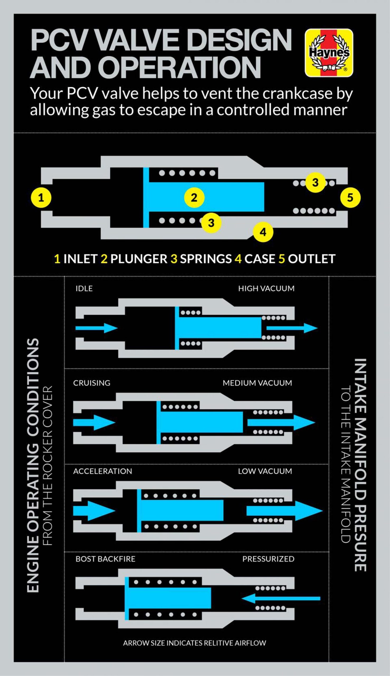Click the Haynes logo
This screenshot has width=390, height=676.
click(x=329, y=53)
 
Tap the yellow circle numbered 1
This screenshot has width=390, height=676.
click(x=41, y=198)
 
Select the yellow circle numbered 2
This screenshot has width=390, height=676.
click(x=194, y=198)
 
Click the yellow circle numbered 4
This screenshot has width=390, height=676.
click(x=263, y=232)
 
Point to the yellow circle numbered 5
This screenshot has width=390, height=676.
click(x=350, y=198)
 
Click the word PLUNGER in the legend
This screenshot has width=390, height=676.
click(x=139, y=259)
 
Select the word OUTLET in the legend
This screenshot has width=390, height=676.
click(x=312, y=259)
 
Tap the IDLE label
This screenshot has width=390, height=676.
click(x=84, y=288)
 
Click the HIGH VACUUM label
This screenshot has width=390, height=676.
click(x=266, y=288)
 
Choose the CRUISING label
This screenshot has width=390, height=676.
click(x=92, y=383)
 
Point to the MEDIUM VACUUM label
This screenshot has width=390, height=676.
click(x=257, y=383)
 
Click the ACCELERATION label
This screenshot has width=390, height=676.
click(x=103, y=471)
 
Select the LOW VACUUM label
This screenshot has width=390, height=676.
click(x=265, y=471)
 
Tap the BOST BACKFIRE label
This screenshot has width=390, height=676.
click(x=105, y=559)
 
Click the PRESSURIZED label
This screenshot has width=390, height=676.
click(x=268, y=559)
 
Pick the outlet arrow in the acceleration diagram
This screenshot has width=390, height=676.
click(x=284, y=511)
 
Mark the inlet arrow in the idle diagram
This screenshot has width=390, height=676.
click(x=96, y=328)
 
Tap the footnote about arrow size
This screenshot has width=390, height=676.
click(x=194, y=643)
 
